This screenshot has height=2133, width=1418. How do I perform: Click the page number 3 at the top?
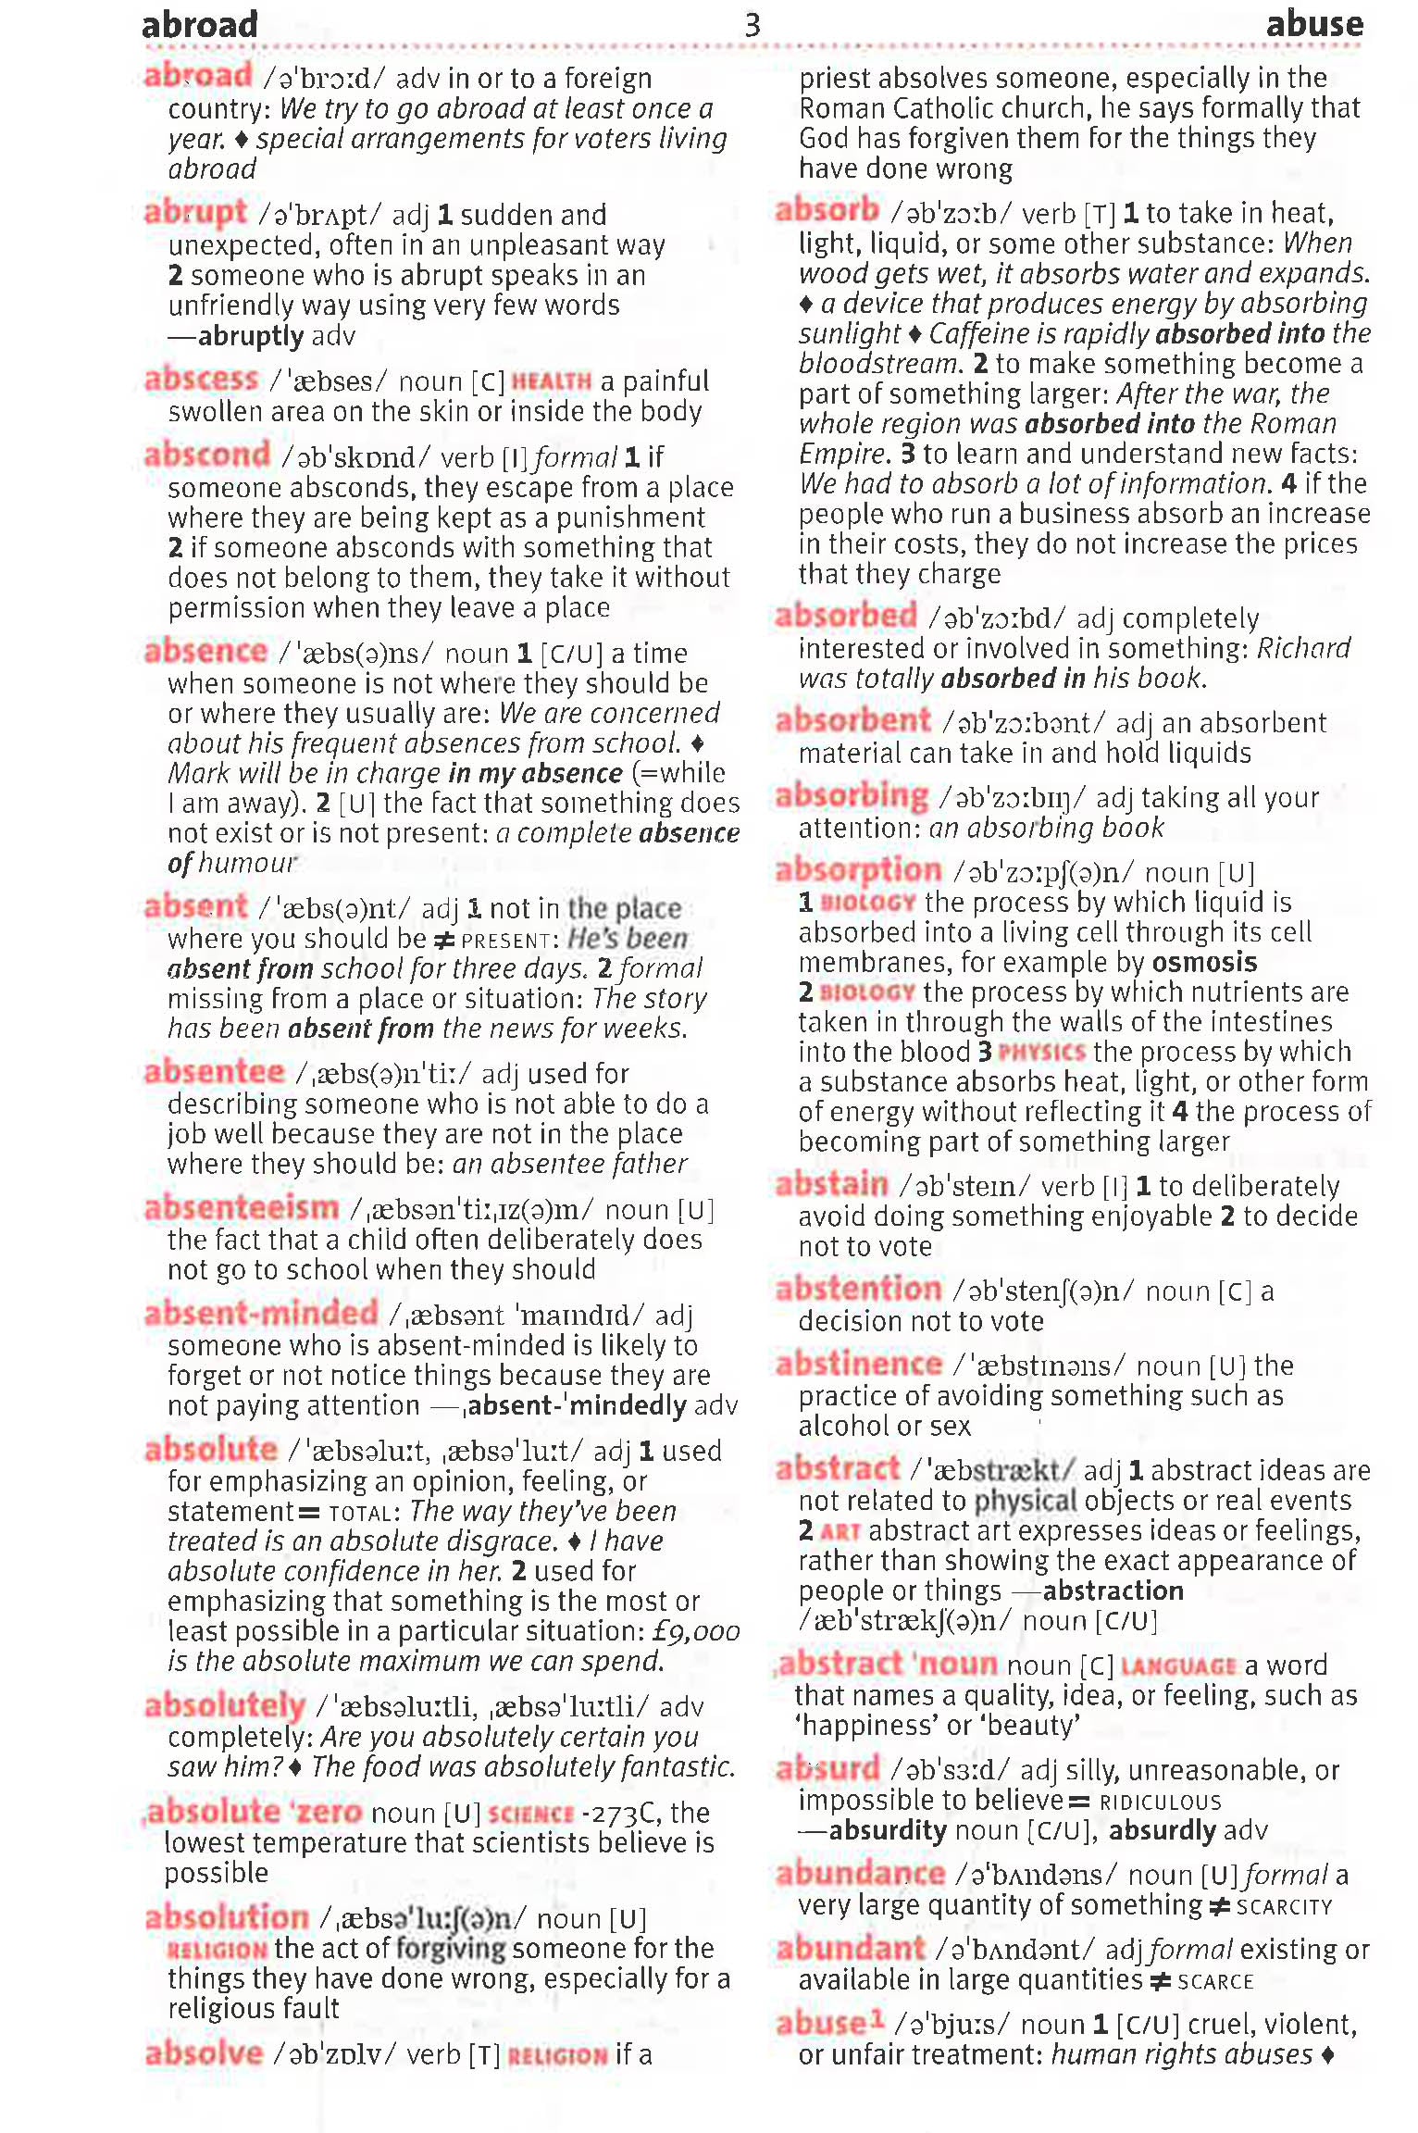coord(753,25)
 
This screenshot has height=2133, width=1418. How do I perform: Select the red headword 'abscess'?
coord(201,380)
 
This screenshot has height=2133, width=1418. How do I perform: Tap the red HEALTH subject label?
coord(551,381)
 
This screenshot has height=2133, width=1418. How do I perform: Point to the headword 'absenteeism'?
coord(242,1208)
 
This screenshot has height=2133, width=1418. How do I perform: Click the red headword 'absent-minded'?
coord(261,1314)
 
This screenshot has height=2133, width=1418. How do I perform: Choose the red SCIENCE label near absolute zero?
coord(530,1814)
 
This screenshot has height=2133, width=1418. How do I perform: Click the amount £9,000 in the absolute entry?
coord(696,1631)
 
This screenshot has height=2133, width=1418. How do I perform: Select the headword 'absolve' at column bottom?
coord(204,2052)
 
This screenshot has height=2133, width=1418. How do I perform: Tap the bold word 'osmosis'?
coord(1204,962)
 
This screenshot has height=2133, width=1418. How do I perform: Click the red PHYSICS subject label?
coord(1041,1053)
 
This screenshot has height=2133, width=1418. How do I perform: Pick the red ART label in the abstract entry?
coord(840,1531)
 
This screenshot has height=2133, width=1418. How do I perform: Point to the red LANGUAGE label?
coord(1177,1666)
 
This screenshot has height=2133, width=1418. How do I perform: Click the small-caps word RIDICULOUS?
coord(1160,1802)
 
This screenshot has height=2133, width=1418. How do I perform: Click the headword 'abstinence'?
coord(858,1365)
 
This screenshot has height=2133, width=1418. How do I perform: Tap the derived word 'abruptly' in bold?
coord(250,335)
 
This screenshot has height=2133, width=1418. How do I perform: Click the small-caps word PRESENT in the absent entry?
coord(505,941)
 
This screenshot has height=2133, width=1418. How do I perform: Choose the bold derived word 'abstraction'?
coord(1113,1590)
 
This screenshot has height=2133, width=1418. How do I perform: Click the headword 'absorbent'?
coord(852,721)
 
